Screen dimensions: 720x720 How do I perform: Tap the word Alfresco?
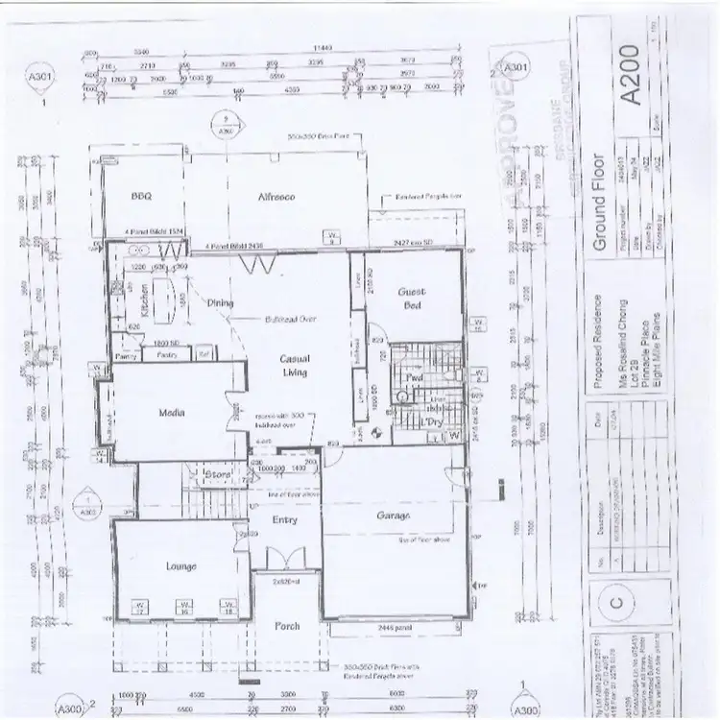tap(275, 196)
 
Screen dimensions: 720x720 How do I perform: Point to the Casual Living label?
tap(294, 365)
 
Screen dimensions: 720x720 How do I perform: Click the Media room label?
tap(171, 413)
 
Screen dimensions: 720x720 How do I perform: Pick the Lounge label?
tap(180, 566)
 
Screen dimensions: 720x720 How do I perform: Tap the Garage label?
tap(394, 517)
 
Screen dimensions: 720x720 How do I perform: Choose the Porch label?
tap(287, 626)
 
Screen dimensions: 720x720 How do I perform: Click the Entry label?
tap(284, 519)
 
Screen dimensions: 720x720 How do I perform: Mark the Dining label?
tap(221, 303)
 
